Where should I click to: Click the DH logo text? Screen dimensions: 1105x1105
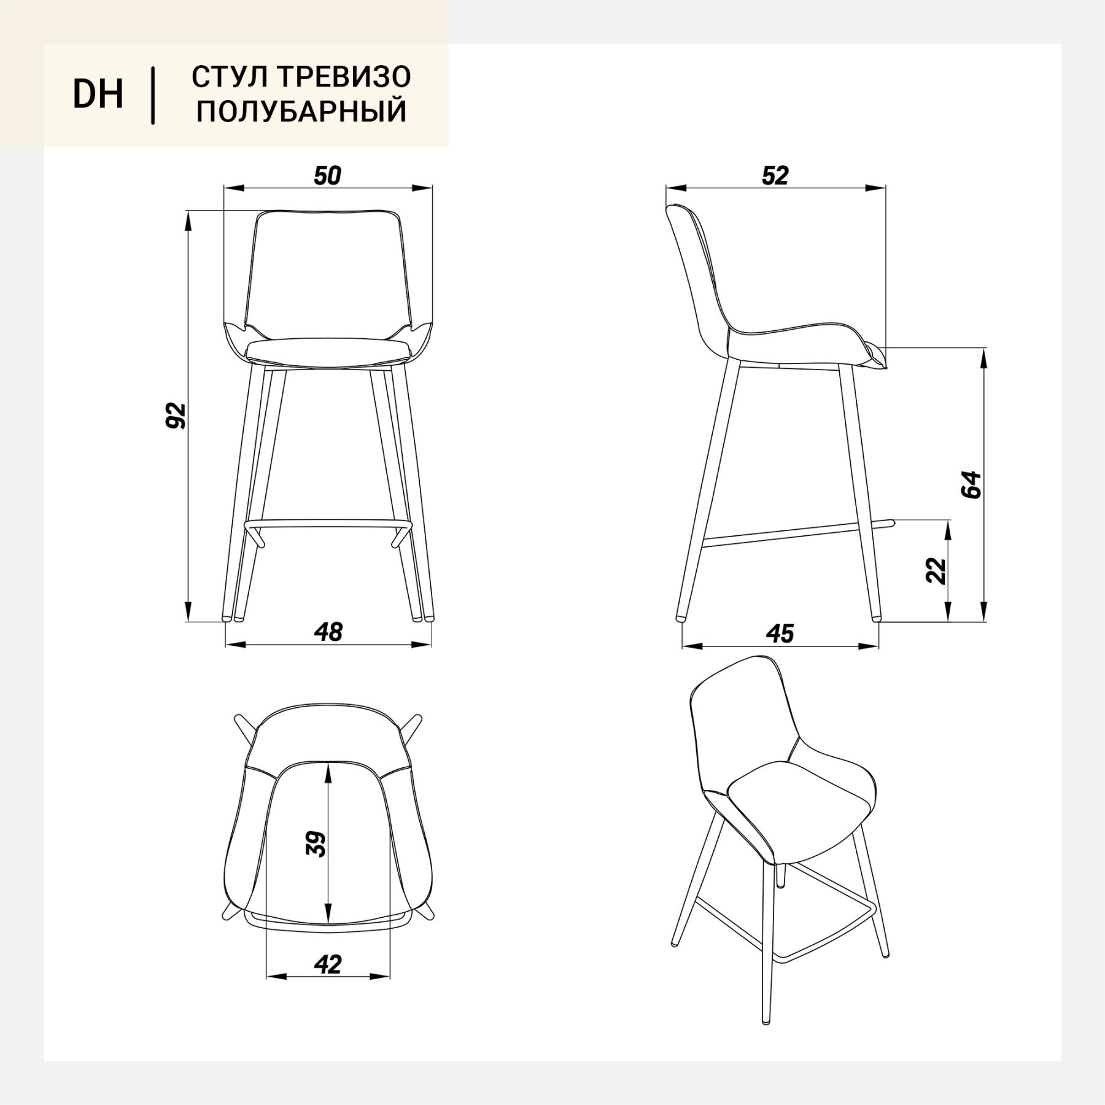click(98, 95)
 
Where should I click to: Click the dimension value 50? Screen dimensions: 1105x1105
click(327, 176)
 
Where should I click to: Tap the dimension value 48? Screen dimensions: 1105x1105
click(328, 632)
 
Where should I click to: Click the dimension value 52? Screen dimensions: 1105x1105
click(775, 176)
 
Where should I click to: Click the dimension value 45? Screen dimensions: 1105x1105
click(780, 634)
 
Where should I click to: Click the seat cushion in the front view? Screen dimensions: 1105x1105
click(328, 351)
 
